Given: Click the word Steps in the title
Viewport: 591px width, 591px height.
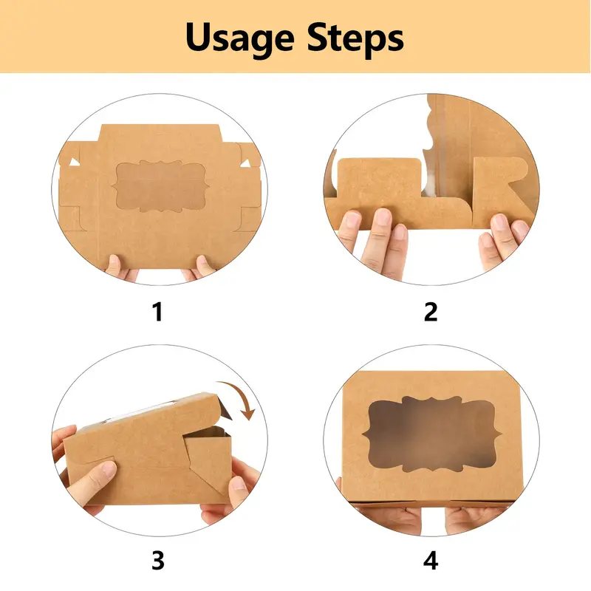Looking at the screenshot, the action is click(x=355, y=37).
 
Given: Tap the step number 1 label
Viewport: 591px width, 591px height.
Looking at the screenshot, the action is click(x=158, y=312).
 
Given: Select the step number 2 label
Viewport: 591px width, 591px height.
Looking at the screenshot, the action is click(x=431, y=312).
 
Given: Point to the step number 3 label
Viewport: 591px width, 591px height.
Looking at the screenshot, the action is click(x=158, y=561).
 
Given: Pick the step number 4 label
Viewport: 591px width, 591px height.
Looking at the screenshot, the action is click(x=431, y=561).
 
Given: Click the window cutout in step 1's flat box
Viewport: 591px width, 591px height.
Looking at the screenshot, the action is click(x=161, y=186).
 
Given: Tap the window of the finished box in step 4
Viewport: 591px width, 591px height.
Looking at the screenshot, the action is click(x=432, y=434).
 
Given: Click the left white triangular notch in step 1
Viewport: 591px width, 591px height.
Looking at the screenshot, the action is click(x=75, y=163).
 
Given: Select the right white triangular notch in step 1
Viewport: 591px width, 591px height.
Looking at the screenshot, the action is click(x=246, y=163).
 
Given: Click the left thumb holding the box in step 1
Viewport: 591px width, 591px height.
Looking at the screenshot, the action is click(x=114, y=262).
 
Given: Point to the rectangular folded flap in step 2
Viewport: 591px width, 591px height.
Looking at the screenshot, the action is click(x=379, y=181).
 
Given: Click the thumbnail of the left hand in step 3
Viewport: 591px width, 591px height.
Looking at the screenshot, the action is click(x=109, y=468).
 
